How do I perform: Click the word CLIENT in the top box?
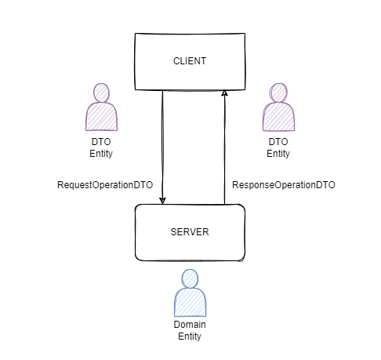tap(190, 60)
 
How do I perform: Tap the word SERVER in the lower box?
tap(190, 232)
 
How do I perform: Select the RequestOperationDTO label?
tap(105, 185)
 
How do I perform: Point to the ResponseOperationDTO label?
tap(284, 185)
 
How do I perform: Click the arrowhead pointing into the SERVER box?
tap(162, 200)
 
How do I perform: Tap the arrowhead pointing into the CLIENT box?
tap(225, 93)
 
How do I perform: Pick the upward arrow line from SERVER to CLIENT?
tap(225, 149)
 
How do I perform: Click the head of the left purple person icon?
tap(101, 93)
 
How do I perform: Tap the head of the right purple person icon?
tap(278, 93)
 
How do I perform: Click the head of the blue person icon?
tap(190, 278)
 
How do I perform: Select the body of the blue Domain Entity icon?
tap(190, 302)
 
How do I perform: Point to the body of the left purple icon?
tap(101, 117)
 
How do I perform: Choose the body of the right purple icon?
tap(278, 117)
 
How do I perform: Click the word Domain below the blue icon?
tap(190, 325)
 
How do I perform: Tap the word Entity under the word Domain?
tap(190, 336)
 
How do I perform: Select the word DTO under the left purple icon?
tap(101, 142)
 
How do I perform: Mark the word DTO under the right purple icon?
tap(278, 142)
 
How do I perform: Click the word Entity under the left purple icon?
tap(101, 154)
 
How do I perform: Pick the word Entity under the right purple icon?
tap(278, 154)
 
